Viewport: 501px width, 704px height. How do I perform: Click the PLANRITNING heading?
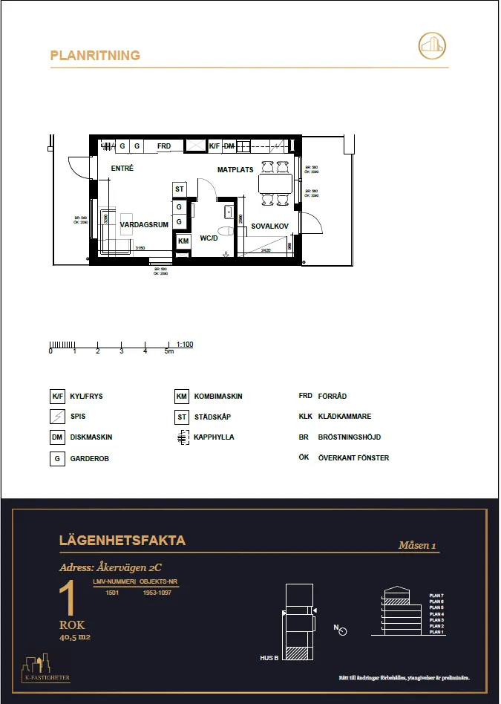click(x=94, y=55)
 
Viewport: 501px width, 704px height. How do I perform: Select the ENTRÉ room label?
click(x=122, y=169)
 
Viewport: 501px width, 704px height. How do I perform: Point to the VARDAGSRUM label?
click(x=145, y=224)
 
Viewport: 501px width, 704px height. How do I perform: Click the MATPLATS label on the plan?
click(x=235, y=170)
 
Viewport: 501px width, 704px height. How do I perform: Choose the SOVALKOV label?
click(x=269, y=225)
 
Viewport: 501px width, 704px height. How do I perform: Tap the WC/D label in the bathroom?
click(x=209, y=238)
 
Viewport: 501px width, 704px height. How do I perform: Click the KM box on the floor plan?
click(x=183, y=241)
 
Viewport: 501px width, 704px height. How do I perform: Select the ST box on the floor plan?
click(x=180, y=189)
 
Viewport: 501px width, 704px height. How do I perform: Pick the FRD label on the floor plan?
click(x=164, y=146)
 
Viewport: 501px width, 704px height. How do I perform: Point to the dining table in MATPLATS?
click(x=275, y=183)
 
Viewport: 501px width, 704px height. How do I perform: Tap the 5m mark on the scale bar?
click(x=169, y=351)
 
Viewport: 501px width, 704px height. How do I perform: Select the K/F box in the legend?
click(x=57, y=397)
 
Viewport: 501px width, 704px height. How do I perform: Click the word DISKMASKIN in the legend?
click(x=91, y=437)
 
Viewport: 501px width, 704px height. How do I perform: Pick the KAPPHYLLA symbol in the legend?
click(x=182, y=437)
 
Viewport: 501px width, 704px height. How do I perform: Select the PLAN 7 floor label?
click(x=436, y=596)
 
